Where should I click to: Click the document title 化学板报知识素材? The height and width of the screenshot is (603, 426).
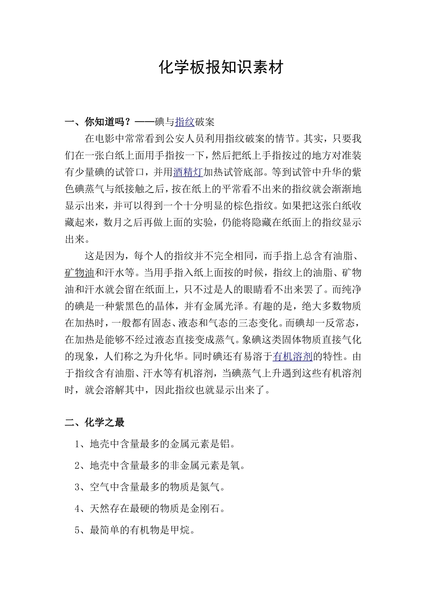coord(221,67)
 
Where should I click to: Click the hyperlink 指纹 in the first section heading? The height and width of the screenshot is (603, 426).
coord(185,122)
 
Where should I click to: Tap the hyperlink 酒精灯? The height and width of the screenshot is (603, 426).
coord(188,172)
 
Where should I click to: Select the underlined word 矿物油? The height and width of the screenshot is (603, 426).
coord(79,273)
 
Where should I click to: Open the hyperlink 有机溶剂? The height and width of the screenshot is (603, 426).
coord(292,357)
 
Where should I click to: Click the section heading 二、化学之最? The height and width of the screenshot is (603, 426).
coord(95,422)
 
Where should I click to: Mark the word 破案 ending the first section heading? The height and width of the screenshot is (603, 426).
coord(205,122)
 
